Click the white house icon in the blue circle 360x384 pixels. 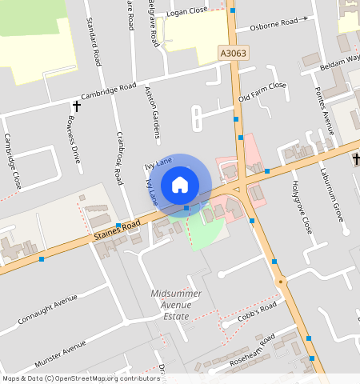tap(180, 185)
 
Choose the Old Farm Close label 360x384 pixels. tap(262, 92)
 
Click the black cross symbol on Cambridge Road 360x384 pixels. tap(77, 106)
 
